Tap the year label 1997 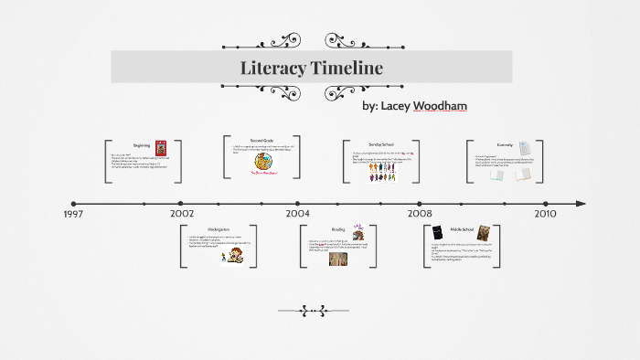pos(75,214)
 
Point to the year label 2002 pos(181,214)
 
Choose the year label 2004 pos(297,214)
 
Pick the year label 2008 pos(420,214)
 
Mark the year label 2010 pos(546,214)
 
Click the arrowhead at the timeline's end pos(581,204)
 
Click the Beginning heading pos(142,145)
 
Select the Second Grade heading pos(261,140)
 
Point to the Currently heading pos(505,144)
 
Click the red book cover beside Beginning pos(161,146)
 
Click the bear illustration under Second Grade pos(263,163)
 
